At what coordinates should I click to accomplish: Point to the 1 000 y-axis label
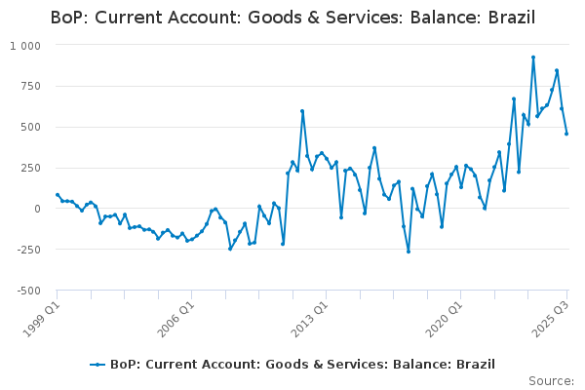pyautogui.click(x=25, y=46)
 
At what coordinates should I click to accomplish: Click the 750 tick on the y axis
pyautogui.click(x=30, y=86)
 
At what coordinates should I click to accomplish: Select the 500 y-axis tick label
pyautogui.click(x=30, y=127)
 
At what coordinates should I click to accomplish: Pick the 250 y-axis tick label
pyautogui.click(x=30, y=168)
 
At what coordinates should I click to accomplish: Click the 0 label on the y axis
pyautogui.click(x=37, y=209)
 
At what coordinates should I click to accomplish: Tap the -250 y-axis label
pyautogui.click(x=27, y=250)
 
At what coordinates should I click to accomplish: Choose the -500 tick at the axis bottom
pyautogui.click(x=27, y=291)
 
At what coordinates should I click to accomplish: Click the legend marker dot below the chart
pyautogui.click(x=97, y=365)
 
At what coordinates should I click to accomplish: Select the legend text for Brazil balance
pyautogui.click(x=302, y=365)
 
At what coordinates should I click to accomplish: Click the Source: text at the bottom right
pyautogui.click(x=551, y=381)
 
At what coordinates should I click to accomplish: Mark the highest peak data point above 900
pyautogui.click(x=533, y=58)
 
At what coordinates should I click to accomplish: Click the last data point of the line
pyautogui.click(x=566, y=134)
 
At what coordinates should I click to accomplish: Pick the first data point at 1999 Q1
pyautogui.click(x=58, y=195)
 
